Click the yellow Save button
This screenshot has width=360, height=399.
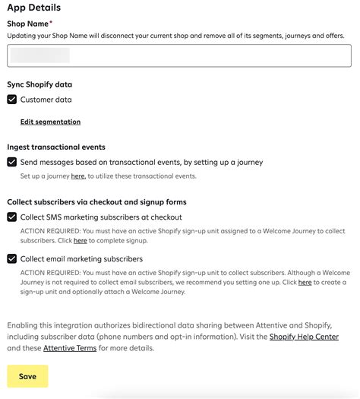[27, 376]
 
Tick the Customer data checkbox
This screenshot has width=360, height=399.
[12, 100]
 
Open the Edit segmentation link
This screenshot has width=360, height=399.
[50, 122]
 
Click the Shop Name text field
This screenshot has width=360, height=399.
[179, 55]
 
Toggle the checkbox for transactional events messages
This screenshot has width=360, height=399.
[12, 162]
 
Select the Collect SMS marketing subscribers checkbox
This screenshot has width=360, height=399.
[12, 217]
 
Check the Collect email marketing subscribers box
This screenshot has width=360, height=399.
[12, 259]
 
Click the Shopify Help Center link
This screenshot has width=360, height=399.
[304, 337]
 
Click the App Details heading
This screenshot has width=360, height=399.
[34, 8]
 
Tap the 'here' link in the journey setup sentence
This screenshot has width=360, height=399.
[77, 176]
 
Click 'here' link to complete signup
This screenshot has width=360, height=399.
[80, 241]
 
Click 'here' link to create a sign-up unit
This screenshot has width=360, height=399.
[305, 283]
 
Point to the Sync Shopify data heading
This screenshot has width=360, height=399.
[39, 85]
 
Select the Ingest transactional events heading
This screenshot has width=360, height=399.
[56, 147]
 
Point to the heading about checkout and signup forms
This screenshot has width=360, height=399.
[96, 202]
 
